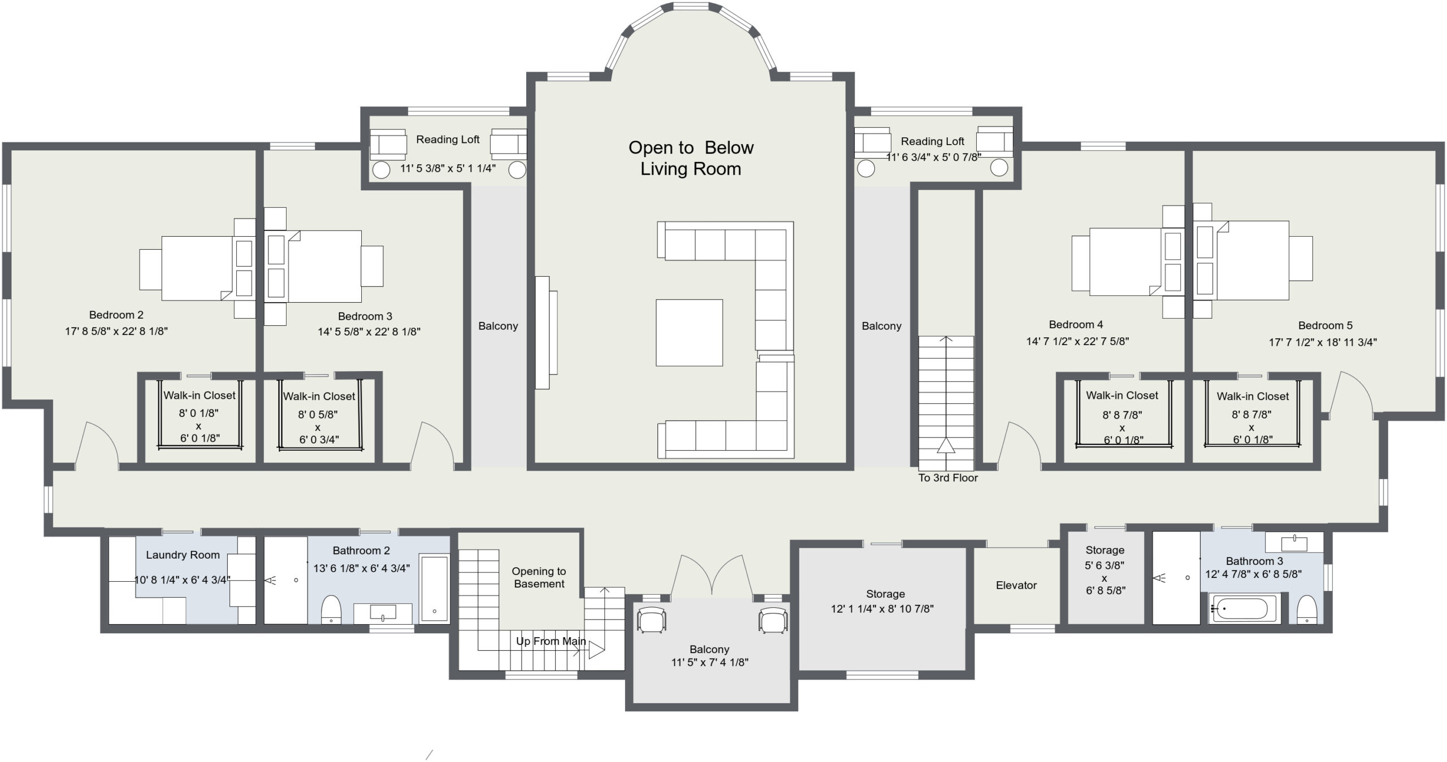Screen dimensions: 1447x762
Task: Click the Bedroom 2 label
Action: coord(116,315)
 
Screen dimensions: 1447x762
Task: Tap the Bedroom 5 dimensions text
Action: coord(1323,342)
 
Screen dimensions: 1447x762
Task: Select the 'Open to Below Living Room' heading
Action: coord(691,158)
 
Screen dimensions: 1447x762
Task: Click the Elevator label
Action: coord(1016,585)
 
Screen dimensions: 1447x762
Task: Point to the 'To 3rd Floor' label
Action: coord(948,478)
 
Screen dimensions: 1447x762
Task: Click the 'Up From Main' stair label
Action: coord(551,641)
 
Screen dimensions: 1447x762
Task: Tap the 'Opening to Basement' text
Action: coord(539,577)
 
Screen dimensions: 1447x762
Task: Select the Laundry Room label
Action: coord(183,555)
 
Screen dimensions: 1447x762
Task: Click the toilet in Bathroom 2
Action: coord(331,609)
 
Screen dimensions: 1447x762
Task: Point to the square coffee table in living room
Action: coord(689,333)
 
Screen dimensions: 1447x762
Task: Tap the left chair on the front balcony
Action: coord(651,620)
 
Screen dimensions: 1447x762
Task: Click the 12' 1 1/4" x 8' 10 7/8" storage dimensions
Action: coord(882,609)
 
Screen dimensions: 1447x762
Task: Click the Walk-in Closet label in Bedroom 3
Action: coord(319,397)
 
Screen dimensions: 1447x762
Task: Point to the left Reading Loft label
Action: coord(448,140)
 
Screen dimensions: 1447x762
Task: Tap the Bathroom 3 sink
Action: coord(1294,543)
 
